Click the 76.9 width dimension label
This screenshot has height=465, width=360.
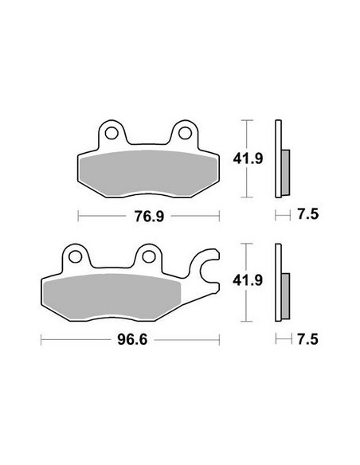pos(148,215)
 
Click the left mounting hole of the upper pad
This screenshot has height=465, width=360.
pos(112,132)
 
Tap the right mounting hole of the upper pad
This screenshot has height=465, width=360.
pos(185,132)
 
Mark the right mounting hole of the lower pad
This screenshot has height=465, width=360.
pos(148,256)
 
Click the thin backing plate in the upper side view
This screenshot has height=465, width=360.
pos(278,159)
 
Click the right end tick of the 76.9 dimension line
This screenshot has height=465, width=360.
pos(219,215)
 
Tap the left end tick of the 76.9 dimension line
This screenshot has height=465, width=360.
pos(77,215)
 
